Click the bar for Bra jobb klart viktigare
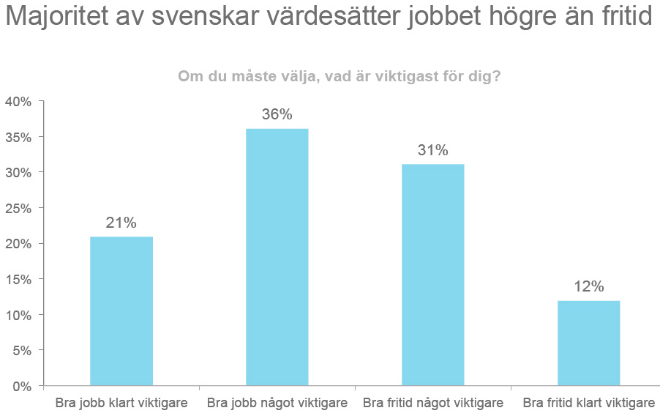pos(121,311)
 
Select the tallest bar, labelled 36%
pos(277,256)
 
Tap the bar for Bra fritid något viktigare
pos(433,274)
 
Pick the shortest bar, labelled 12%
pos(588,343)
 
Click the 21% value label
pos(121,223)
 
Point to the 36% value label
pos(277,115)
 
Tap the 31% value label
pos(433,150)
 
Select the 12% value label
pos(588,287)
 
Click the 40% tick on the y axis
pos(18,102)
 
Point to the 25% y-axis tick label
pos(18,209)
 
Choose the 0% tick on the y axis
pos(21,386)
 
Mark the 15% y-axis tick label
pos(18,280)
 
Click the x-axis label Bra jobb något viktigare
pos(277,404)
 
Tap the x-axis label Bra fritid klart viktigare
pos(589,404)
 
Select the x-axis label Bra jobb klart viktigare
pos(121,404)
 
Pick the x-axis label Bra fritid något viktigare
pos(433,404)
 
